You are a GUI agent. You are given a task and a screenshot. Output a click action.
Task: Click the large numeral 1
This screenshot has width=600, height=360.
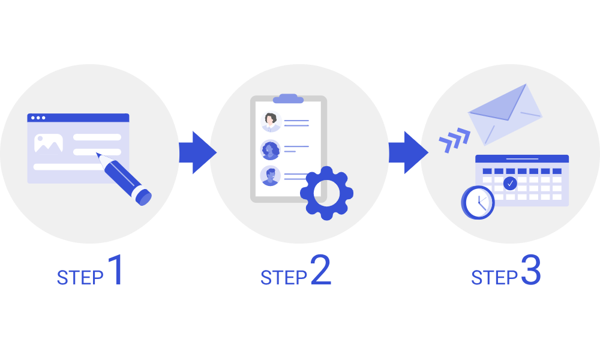(115, 271)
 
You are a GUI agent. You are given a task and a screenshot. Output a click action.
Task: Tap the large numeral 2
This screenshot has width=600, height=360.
(320, 271)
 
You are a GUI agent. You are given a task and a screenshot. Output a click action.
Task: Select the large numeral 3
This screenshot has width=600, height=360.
(531, 271)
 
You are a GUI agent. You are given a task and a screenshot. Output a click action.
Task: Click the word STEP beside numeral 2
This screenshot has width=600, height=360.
(284, 278)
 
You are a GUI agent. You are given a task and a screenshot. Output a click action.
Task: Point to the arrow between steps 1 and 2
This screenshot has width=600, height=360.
(197, 152)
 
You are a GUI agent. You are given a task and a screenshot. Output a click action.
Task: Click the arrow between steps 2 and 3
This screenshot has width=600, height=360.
(407, 152)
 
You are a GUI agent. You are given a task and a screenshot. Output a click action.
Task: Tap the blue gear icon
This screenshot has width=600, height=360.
(326, 193)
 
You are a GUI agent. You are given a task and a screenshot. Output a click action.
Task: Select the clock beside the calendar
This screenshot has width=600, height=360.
(478, 202)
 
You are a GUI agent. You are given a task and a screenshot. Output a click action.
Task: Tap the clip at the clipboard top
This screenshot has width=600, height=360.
(288, 98)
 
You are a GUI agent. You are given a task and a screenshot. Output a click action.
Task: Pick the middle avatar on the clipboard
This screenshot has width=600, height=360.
(270, 149)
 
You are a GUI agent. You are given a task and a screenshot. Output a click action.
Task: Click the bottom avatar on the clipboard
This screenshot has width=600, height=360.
(271, 176)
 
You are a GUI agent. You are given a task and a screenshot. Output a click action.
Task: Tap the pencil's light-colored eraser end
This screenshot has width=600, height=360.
(143, 196)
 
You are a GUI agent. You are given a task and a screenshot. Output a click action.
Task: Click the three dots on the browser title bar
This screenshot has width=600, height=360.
(37, 118)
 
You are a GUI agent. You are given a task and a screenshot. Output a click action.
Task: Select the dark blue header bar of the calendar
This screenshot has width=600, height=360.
(521, 159)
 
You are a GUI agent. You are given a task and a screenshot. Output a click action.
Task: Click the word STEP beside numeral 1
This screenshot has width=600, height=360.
(80, 278)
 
